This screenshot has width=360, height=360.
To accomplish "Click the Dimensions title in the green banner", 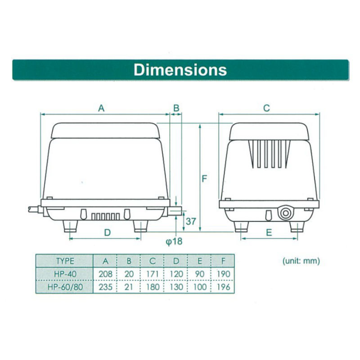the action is [x=180, y=70].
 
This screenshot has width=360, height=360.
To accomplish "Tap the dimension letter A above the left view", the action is [x=101, y=108].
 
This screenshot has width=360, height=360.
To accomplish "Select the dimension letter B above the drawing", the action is [x=176, y=108].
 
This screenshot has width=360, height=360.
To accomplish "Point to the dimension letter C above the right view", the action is [x=266, y=108].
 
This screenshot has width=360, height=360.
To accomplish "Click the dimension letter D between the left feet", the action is [x=108, y=233].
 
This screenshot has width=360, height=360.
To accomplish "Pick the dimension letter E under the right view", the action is [x=269, y=233].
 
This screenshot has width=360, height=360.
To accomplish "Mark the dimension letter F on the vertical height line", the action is [x=204, y=178].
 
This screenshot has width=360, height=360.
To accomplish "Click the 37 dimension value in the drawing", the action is [x=191, y=221].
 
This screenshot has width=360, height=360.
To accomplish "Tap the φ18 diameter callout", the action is [x=174, y=241].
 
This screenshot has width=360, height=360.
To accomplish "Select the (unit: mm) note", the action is [x=301, y=261].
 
